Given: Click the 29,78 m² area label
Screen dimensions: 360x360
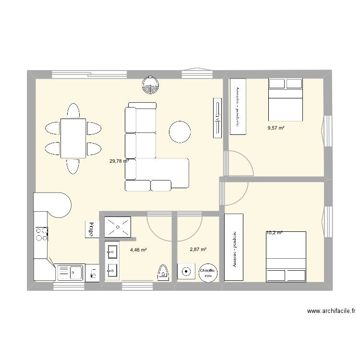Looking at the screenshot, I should click(120, 161).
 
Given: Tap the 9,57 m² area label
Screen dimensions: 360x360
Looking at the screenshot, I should click(276, 128).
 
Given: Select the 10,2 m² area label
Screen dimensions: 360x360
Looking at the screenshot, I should click(274, 233).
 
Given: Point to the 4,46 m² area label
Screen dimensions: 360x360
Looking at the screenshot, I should click(138, 250).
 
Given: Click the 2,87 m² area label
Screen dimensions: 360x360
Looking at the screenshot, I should click(198, 250).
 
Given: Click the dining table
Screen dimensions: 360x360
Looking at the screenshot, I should click(73, 138).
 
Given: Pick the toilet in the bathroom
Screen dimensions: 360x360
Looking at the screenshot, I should click(163, 272).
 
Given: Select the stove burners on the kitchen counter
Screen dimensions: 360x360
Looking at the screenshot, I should click(41, 234).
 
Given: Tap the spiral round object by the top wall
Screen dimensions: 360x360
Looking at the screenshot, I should click(151, 85).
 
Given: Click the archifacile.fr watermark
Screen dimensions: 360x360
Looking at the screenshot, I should click(331, 311).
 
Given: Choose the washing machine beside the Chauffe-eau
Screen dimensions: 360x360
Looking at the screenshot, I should click(186, 271).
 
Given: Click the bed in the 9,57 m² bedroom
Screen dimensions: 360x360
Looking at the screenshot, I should click(286, 99).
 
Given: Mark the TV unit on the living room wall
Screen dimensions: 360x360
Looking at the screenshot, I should click(216, 118).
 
